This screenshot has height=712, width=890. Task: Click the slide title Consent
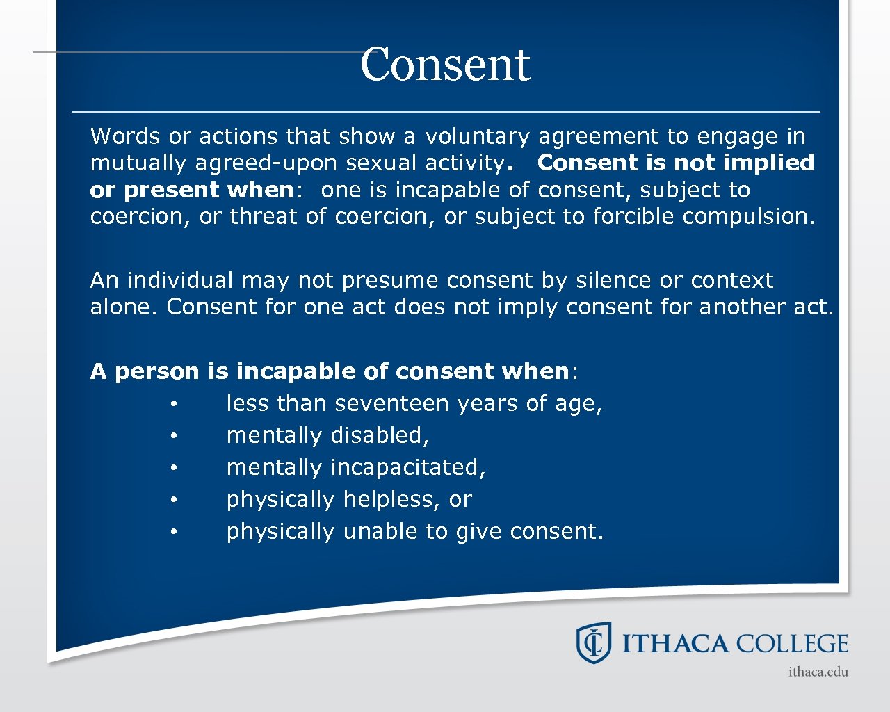(x=445, y=65)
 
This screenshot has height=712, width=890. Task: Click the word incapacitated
(x=408, y=468)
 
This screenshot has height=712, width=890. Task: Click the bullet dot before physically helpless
(x=175, y=500)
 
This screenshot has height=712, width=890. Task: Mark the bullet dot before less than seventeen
(x=175, y=404)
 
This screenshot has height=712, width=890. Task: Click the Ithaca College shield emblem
(x=593, y=642)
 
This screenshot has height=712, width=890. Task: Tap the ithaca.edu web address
(x=818, y=672)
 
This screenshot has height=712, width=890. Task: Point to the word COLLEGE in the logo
(x=792, y=644)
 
